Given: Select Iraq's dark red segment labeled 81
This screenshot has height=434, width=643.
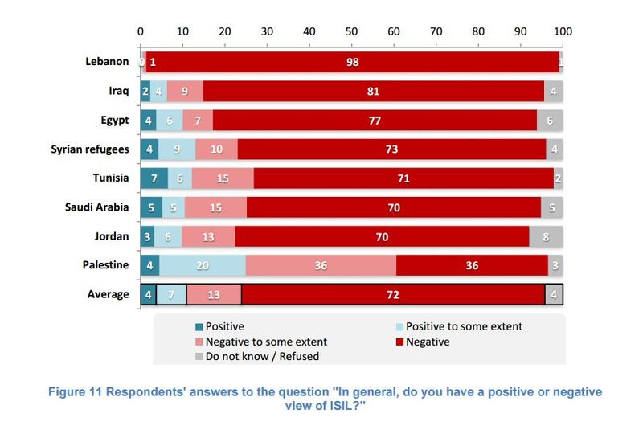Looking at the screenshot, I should click(373, 92).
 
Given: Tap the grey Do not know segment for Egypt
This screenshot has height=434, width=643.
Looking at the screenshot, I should click(550, 121).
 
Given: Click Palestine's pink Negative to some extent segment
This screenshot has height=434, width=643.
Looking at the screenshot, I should click(321, 265).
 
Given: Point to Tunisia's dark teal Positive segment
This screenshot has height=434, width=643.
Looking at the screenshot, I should click(154, 178).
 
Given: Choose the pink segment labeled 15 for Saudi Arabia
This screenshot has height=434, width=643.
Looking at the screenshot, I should click(215, 207).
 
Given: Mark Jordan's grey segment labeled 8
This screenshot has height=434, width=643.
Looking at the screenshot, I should click(546, 236).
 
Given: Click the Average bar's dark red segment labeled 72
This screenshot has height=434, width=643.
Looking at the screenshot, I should click(393, 294).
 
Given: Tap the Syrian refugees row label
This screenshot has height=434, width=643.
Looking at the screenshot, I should click(90, 149).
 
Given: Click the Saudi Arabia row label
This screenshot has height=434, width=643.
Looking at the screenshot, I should click(96, 207).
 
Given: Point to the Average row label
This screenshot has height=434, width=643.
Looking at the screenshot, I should click(108, 294).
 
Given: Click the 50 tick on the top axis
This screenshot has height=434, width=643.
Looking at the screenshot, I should click(352, 31).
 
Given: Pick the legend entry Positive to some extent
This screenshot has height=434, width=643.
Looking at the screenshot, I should click(465, 326).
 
